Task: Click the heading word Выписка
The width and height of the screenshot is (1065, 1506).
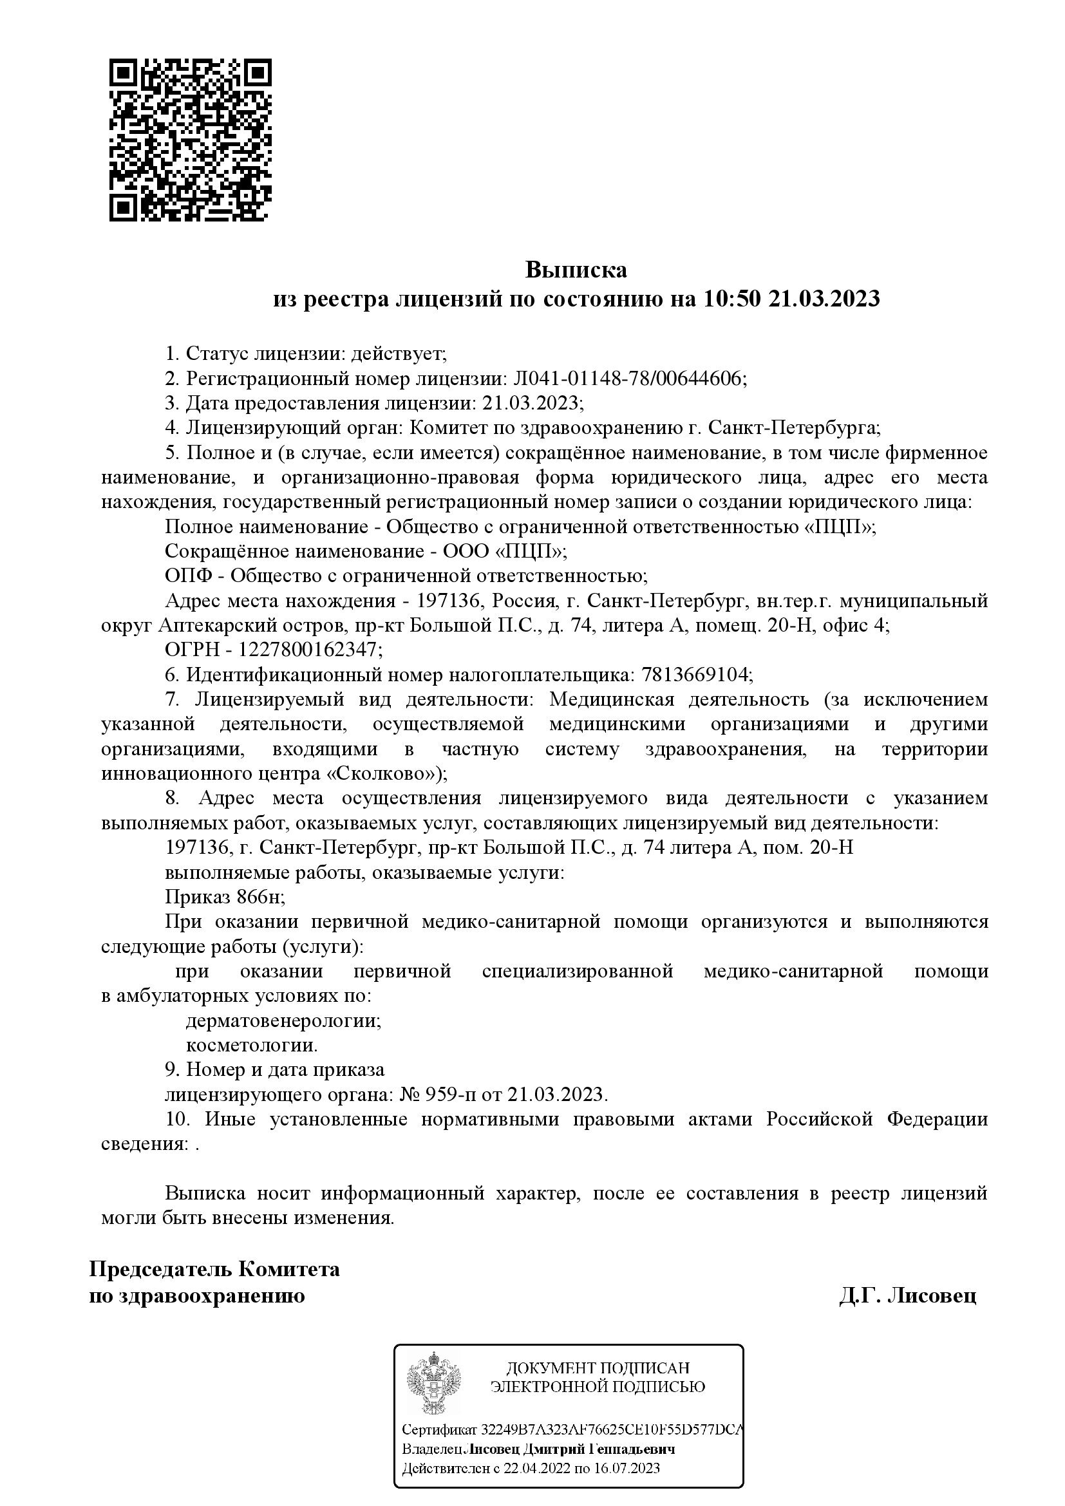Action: (576, 270)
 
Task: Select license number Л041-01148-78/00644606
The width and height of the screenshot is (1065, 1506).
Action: (627, 379)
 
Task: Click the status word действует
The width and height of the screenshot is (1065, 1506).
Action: (397, 354)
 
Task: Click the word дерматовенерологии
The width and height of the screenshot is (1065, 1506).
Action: (283, 1021)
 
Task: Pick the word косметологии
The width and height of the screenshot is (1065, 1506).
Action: (252, 1046)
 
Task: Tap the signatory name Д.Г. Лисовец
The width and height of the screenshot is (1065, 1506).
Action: (907, 1296)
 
